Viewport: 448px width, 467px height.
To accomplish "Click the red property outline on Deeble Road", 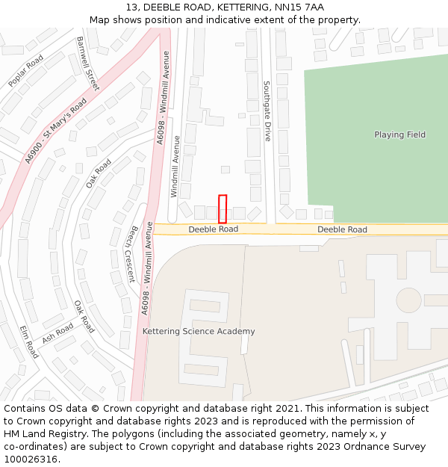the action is (222, 208).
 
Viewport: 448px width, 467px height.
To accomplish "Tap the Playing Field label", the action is (399, 134).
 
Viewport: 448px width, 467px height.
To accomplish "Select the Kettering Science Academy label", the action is (199, 331).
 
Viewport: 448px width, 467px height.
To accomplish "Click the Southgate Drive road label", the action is (267, 111).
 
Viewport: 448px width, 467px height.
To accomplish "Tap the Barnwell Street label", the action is (87, 63).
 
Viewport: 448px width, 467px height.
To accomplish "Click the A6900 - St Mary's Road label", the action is (55, 130).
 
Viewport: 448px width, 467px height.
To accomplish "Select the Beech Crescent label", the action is (131, 254).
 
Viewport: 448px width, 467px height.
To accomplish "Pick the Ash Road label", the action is (57, 334).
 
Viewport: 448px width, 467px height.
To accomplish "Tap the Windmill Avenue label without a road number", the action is (175, 166).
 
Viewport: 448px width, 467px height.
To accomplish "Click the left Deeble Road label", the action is (213, 229).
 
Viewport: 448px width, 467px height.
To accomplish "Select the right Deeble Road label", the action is (342, 229).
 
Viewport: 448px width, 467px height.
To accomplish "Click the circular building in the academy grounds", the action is (408, 300).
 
